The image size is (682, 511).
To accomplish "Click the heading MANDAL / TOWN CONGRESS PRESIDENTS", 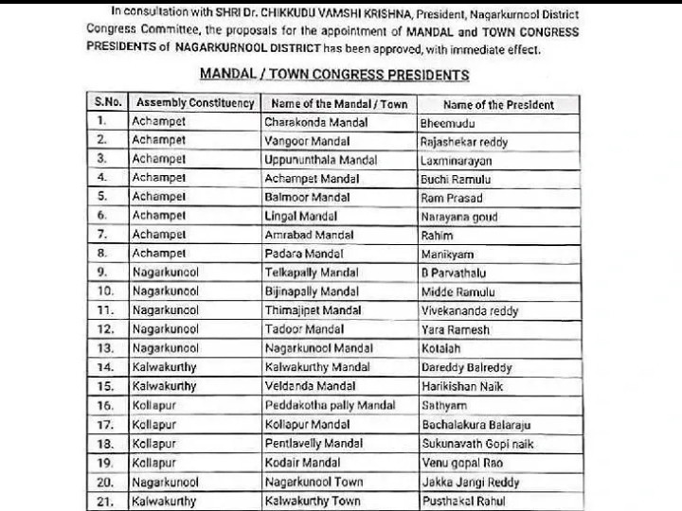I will pos(334,74).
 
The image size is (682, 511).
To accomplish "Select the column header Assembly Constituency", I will pos(194,103).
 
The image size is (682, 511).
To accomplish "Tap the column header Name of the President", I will pos(498,104).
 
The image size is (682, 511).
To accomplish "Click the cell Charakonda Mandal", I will pos(312,122).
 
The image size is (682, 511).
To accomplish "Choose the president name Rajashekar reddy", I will pos(464,142).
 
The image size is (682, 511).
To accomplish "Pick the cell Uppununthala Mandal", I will pos(320,160).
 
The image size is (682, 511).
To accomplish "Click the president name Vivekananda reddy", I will pos(470,310).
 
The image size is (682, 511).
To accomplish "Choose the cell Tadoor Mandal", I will pos(303,329).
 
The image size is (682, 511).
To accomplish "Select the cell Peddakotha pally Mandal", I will pos(330,405).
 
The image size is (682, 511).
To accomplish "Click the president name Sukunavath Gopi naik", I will pos(477,443).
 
